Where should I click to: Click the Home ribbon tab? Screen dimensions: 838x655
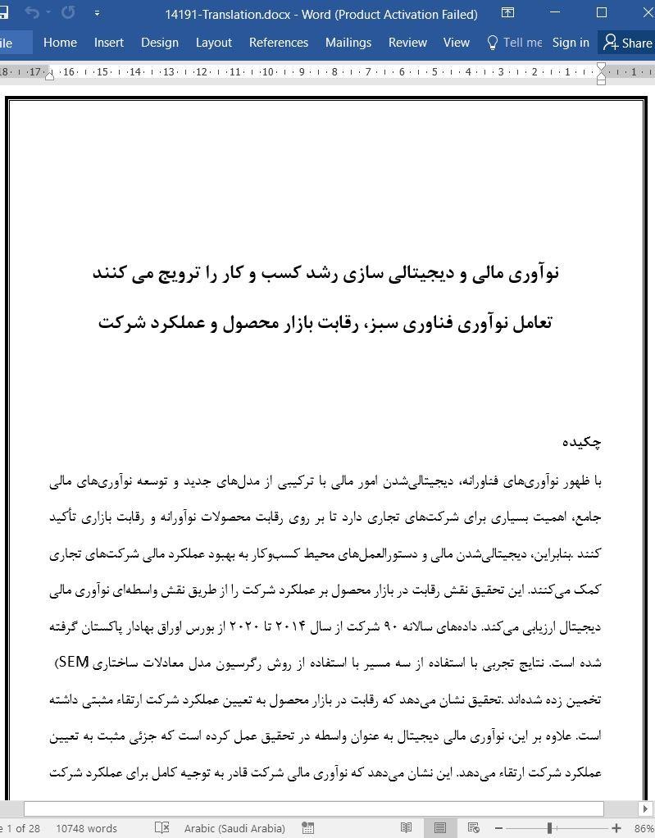60,43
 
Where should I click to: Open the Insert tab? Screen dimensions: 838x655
109,43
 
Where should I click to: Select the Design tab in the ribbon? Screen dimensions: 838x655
159,43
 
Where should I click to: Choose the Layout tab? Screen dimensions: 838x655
214,43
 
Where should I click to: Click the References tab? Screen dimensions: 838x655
279,43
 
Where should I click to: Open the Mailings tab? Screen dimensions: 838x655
348,43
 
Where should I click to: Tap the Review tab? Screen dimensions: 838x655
407,43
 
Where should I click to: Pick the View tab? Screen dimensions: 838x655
457,43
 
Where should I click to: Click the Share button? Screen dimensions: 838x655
628,43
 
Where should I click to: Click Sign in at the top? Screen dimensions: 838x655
571,43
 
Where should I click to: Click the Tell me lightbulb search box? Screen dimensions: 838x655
515,43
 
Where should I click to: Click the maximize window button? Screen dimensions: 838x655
602,13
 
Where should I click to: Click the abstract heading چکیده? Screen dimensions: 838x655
582,442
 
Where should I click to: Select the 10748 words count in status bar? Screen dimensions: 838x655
86,828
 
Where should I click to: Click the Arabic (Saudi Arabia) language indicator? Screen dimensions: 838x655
234,828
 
